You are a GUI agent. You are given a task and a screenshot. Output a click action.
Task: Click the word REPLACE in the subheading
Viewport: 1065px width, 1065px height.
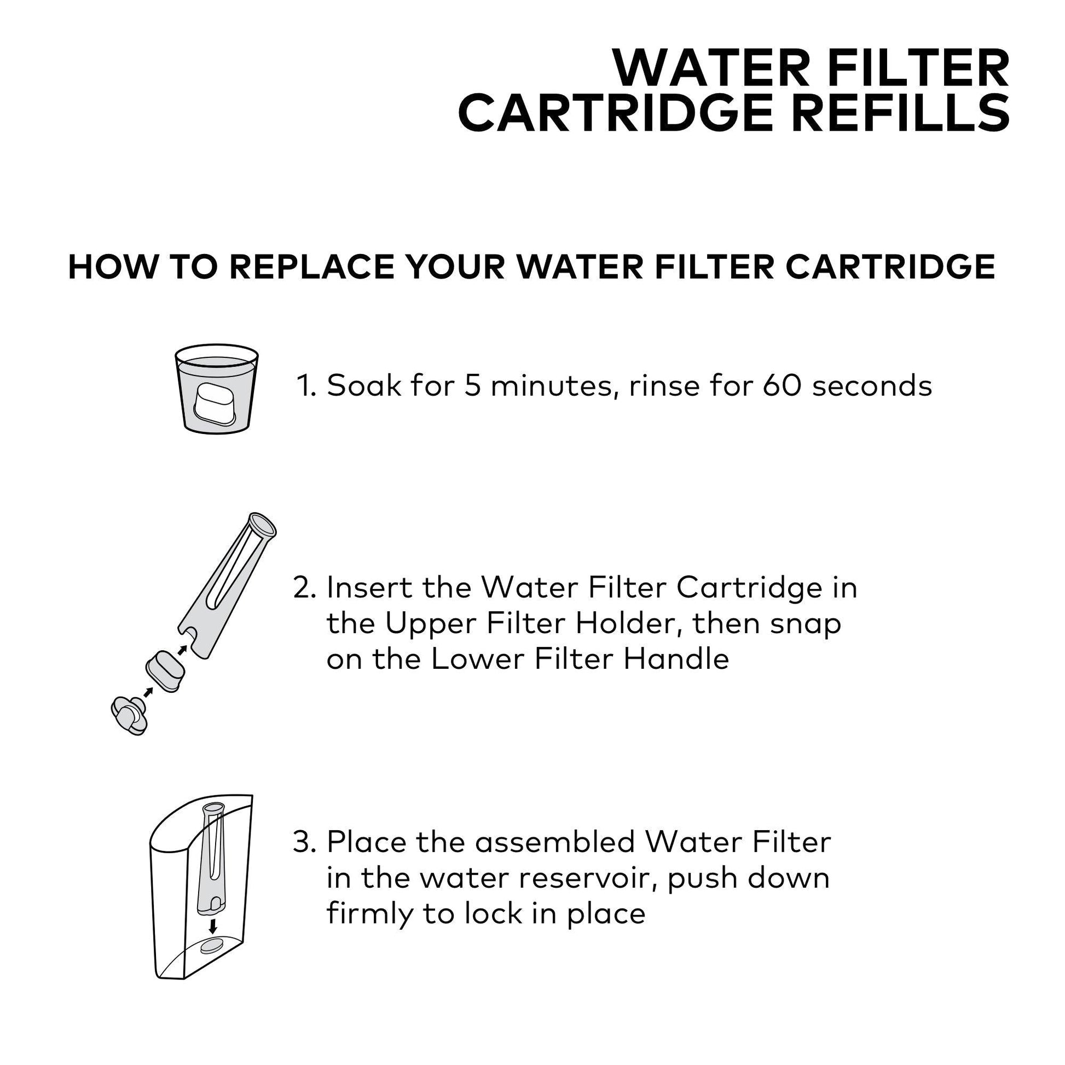click(x=312, y=268)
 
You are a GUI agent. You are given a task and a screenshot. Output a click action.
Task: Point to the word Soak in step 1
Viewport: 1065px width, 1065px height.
click(x=364, y=385)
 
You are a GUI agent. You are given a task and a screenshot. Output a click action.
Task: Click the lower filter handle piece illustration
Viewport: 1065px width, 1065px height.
click(x=129, y=715)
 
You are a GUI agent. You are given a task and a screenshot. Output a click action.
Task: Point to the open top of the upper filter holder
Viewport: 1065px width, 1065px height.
click(x=263, y=524)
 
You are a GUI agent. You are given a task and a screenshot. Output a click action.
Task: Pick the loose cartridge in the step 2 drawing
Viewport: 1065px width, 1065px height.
click(x=165, y=670)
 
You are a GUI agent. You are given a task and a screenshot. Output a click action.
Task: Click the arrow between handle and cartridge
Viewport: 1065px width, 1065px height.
click(x=147, y=692)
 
